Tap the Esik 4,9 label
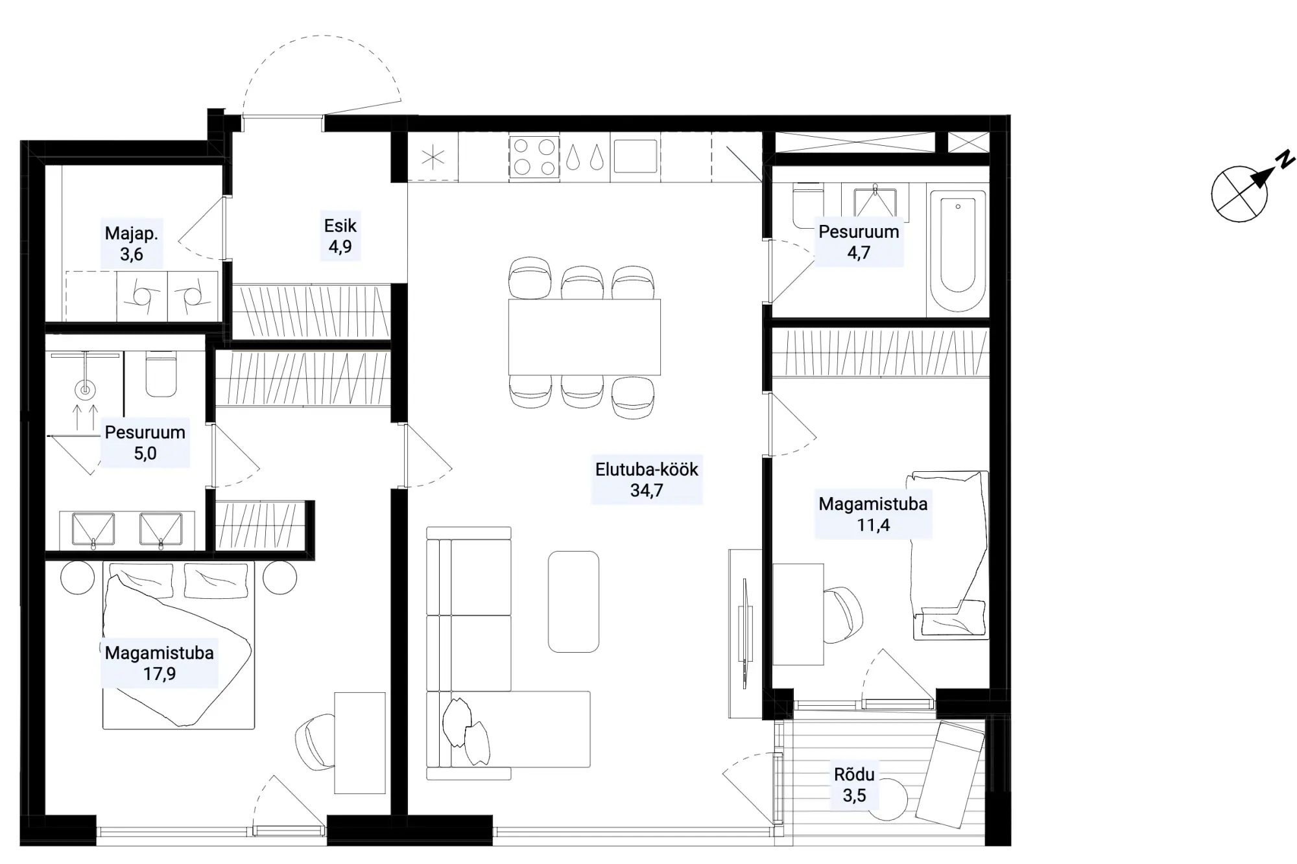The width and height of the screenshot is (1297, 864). (x=340, y=236)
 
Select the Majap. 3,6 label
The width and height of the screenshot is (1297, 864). (x=132, y=244)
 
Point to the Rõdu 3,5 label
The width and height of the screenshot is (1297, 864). (x=854, y=784)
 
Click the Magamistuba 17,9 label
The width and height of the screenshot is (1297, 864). (x=160, y=663)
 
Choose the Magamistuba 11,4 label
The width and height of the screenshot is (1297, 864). (x=873, y=514)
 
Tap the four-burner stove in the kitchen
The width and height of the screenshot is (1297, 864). (x=534, y=157)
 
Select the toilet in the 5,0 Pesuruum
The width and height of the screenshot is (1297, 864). (x=161, y=374)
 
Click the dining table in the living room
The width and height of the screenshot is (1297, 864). (x=584, y=336)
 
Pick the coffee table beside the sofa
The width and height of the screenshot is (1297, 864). (x=573, y=601)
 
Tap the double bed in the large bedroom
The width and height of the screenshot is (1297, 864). (x=178, y=646)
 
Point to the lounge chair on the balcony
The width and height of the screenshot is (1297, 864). (x=951, y=774)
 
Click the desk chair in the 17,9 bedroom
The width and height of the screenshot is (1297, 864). (x=316, y=741)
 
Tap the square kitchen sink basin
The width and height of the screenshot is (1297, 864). (x=636, y=156)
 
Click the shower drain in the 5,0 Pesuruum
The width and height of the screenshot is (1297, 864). (x=84, y=390)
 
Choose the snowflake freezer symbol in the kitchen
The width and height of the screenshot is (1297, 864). (x=433, y=158)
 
